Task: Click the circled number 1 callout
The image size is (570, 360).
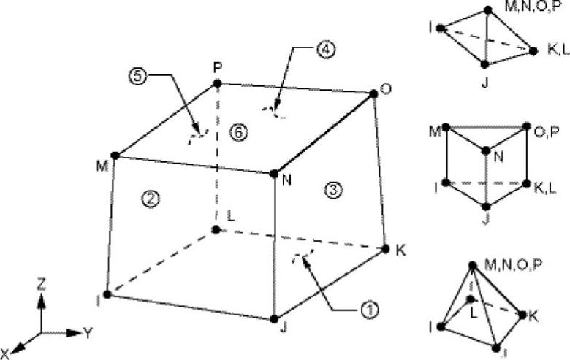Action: pos(370,309)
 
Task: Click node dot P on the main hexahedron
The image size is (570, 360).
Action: pos(217,84)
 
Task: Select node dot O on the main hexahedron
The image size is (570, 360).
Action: pos(373,93)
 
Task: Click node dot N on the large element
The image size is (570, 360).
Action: pos(274,174)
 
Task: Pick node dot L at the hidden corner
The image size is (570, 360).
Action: pos(216,229)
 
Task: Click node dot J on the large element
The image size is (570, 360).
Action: pos(274,319)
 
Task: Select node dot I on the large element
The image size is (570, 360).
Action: pos(107,294)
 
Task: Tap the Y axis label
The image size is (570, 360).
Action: pos(88,333)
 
